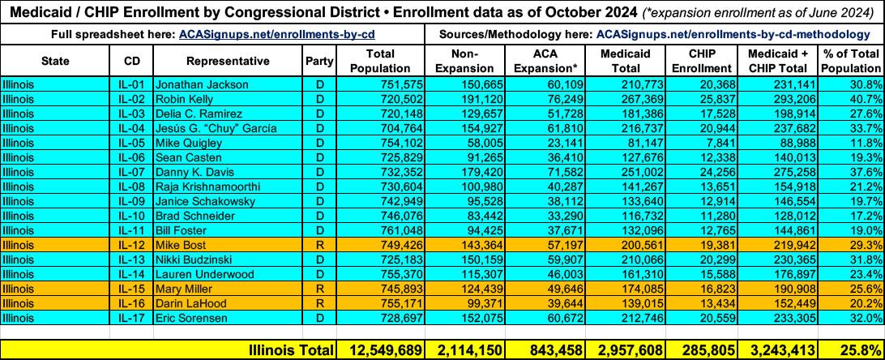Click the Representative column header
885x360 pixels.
pyautogui.click(x=227, y=61)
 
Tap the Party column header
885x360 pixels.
pyautogui.click(x=318, y=61)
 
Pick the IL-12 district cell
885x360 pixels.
pyautogui.click(x=130, y=245)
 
